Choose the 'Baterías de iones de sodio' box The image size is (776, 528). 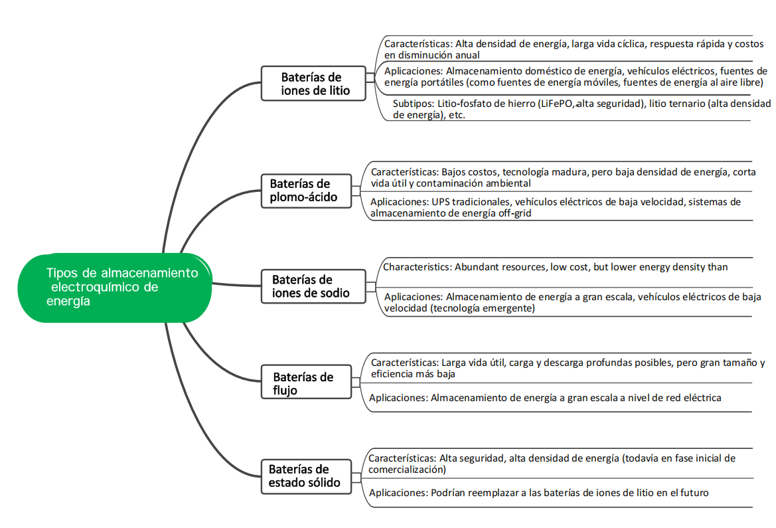pyautogui.click(x=312, y=286)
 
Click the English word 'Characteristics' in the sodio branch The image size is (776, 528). pyautogui.click(x=416, y=267)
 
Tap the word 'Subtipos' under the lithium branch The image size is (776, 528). pyautogui.click(x=412, y=104)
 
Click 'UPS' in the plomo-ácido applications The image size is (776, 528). pyautogui.click(x=441, y=202)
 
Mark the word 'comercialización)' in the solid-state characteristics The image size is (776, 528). pyautogui.click(x=407, y=470)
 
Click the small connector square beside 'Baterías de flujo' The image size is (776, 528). pyautogui.click(x=356, y=383)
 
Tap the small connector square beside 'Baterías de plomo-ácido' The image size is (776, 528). pyautogui.click(x=356, y=191)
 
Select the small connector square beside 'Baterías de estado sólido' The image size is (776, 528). pyautogui.click(x=356, y=477)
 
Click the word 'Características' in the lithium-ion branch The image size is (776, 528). pyautogui.click(x=417, y=44)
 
